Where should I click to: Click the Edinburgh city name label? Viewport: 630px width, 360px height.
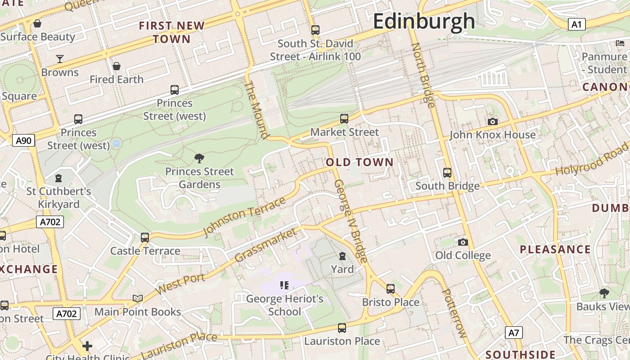click(x=423, y=21)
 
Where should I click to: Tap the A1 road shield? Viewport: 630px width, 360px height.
click(x=576, y=24)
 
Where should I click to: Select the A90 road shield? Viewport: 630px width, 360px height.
click(x=23, y=141)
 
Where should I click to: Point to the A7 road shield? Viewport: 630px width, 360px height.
click(x=513, y=333)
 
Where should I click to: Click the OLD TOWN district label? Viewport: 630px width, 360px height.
click(x=360, y=162)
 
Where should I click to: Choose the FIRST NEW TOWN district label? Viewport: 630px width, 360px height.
click(x=172, y=32)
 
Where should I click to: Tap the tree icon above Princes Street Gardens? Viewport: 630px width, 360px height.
click(x=199, y=158)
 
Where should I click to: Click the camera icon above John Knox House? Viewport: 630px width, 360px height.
click(x=493, y=121)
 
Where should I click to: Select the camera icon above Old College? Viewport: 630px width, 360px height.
click(x=463, y=243)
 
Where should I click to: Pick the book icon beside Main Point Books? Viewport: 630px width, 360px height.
click(x=138, y=298)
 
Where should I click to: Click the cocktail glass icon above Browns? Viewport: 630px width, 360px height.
click(x=59, y=58)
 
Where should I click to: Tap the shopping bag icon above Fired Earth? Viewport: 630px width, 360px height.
click(x=117, y=66)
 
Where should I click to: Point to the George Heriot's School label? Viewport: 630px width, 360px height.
click(x=284, y=305)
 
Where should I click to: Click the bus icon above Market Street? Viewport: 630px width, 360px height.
click(x=344, y=119)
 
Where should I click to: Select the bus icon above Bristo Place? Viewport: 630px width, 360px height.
click(x=391, y=288)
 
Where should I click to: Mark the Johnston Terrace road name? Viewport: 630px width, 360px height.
click(x=244, y=216)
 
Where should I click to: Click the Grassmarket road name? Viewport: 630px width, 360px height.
click(x=266, y=245)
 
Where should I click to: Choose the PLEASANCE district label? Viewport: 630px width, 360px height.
click(x=555, y=249)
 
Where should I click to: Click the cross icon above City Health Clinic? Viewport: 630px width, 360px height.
click(x=87, y=346)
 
